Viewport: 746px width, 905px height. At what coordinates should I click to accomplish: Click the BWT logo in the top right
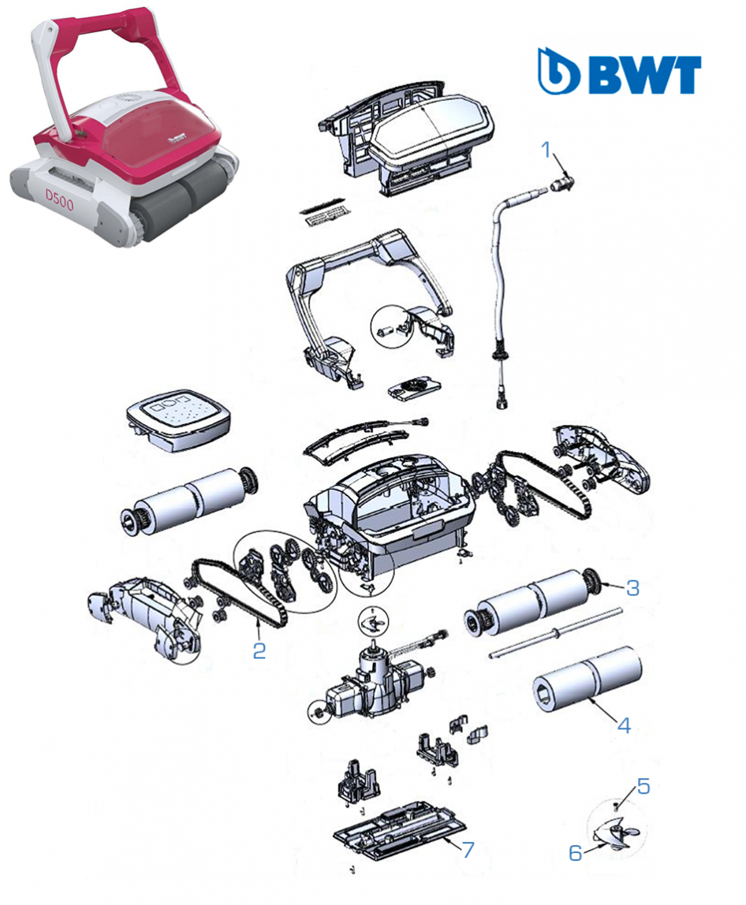(x=619, y=71)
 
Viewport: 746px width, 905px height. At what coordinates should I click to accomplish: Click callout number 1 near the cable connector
(x=546, y=150)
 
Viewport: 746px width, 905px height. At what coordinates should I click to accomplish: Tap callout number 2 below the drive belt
(x=259, y=650)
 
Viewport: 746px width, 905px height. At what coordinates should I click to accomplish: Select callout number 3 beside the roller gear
(x=632, y=587)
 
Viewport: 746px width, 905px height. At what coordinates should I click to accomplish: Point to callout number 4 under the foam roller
(x=625, y=725)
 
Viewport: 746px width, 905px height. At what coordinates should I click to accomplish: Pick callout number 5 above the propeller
(x=643, y=786)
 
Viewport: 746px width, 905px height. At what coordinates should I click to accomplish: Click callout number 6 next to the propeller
(x=575, y=853)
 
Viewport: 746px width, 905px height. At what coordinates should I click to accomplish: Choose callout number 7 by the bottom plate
(x=468, y=849)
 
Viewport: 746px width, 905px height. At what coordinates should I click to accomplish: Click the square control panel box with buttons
(x=178, y=421)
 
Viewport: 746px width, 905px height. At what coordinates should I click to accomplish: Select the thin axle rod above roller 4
(x=556, y=632)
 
